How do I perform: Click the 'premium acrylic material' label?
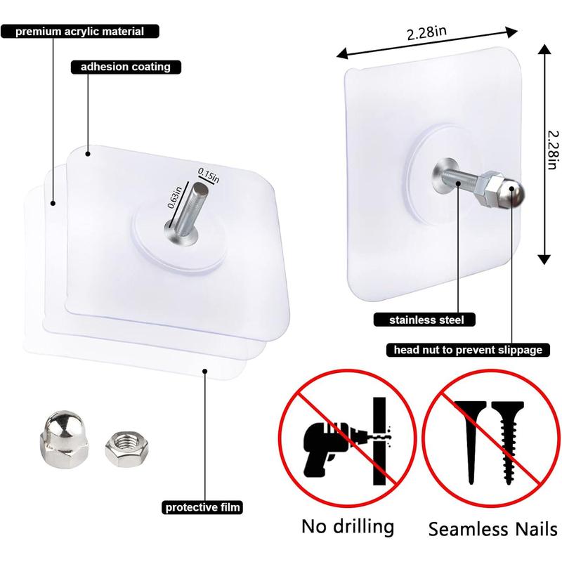80,32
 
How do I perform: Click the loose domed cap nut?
63,439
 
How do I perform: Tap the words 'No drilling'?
347,527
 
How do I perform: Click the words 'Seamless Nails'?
494,528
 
